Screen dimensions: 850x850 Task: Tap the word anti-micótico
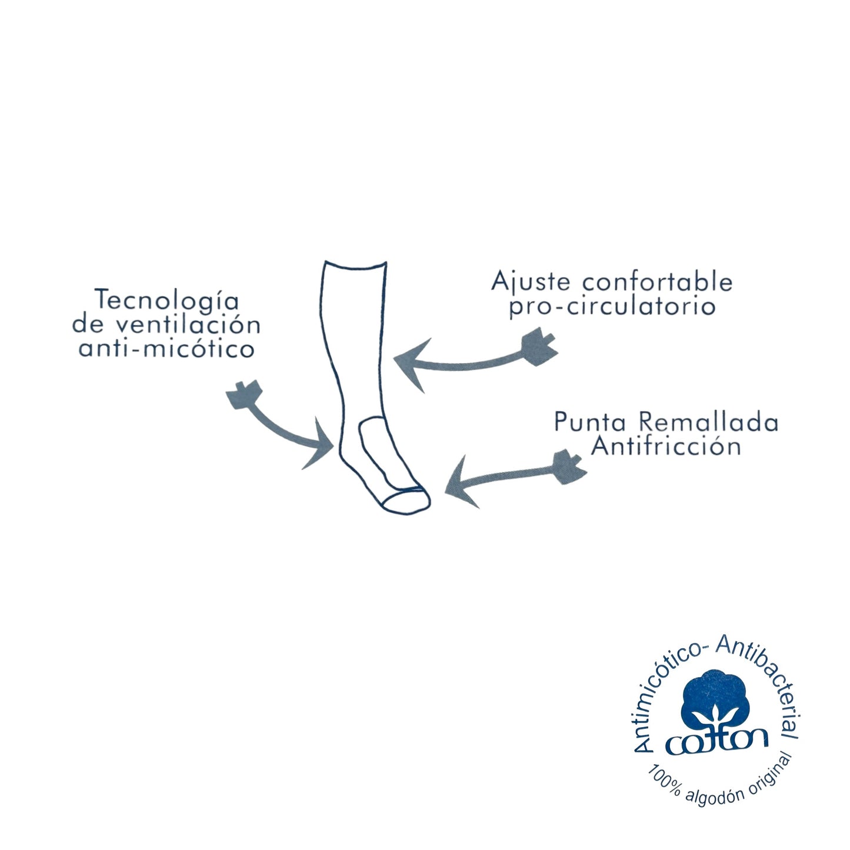[166, 349]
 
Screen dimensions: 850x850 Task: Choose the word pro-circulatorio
[612, 306]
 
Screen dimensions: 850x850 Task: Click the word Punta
[591, 422]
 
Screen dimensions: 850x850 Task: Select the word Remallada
[708, 422]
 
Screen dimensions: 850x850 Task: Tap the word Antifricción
[665, 446]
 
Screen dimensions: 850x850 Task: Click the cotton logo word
[716, 742]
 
